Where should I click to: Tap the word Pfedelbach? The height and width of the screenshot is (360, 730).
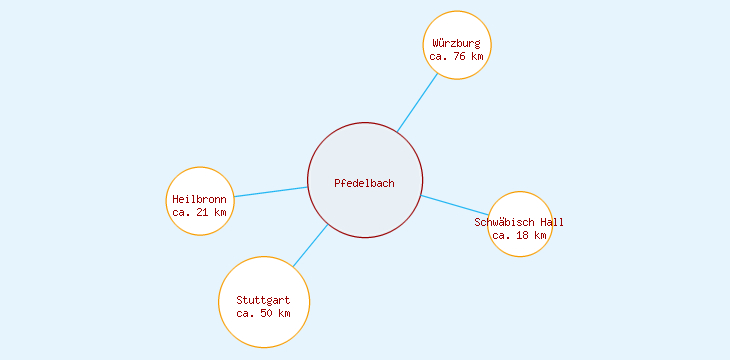[x=364, y=183]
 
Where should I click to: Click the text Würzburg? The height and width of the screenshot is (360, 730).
[x=457, y=44]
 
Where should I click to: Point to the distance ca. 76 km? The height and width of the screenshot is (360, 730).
[x=457, y=57]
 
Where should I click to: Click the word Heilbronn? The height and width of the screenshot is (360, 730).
[x=200, y=199]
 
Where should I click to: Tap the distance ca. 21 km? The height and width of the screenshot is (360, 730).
[x=200, y=212]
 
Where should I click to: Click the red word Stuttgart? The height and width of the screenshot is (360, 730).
[x=263, y=300]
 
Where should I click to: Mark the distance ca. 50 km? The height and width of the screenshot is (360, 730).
[x=263, y=313]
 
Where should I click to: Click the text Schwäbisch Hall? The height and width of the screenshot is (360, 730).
[x=520, y=222]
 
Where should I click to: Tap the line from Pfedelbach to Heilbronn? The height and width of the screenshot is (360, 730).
[x=270, y=192]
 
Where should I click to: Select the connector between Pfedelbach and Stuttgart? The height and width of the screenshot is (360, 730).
[x=310, y=245]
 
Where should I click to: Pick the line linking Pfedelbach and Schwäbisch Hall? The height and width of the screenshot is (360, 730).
[x=455, y=205]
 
